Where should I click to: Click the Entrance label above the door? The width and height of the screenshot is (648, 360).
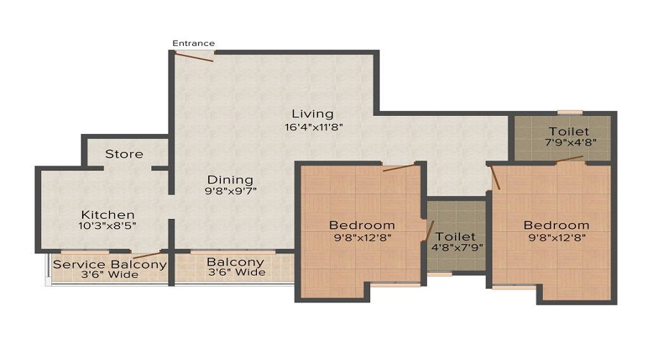pyautogui.click(x=194, y=44)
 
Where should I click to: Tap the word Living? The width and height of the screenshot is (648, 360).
pyautogui.click(x=312, y=114)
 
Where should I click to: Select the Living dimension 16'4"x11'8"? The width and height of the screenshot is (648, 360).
pyautogui.click(x=312, y=127)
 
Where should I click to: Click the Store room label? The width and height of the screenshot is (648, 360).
pyautogui.click(x=124, y=154)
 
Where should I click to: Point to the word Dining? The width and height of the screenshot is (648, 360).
pyautogui.click(x=230, y=179)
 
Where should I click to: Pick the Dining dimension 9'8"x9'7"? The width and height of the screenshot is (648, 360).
pyautogui.click(x=230, y=192)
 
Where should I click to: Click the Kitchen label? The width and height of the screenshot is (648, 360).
pyautogui.click(x=108, y=215)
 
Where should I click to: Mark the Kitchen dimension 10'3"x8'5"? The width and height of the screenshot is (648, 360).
pyautogui.click(x=108, y=226)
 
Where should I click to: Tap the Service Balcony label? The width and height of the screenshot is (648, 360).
pyautogui.click(x=110, y=264)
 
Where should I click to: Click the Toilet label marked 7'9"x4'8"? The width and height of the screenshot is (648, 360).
pyautogui.click(x=569, y=132)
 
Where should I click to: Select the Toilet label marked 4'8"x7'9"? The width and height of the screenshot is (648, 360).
pyautogui.click(x=456, y=236)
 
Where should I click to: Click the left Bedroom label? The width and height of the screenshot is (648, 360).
pyautogui.click(x=362, y=225)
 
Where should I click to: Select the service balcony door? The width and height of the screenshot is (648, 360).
pyautogui.click(x=148, y=254)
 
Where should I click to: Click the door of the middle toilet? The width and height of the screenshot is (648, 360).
pyautogui.click(x=430, y=231)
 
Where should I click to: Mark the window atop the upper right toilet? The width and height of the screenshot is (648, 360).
pyautogui.click(x=570, y=112)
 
